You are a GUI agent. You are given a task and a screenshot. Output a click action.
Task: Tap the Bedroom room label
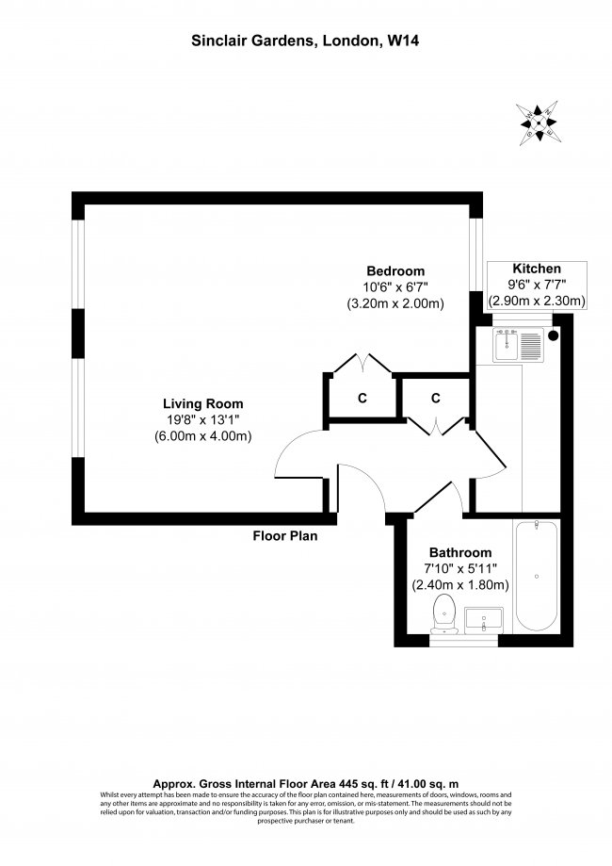click(395, 270)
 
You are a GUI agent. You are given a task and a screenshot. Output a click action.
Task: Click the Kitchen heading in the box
click(537, 269)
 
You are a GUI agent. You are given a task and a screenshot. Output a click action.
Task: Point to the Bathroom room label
click(460, 552)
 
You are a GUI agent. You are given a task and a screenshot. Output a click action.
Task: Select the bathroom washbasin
click(485, 620)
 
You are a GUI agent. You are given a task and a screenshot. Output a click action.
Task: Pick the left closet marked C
click(362, 398)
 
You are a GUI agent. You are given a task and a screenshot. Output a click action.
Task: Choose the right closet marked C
click(436, 398)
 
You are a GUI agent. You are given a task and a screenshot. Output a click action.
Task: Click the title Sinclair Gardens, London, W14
click(305, 41)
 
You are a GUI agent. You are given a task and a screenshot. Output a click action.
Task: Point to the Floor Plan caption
click(284, 537)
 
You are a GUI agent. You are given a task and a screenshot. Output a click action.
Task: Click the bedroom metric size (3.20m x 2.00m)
click(395, 303)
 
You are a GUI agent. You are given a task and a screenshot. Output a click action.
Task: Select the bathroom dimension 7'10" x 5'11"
click(460, 568)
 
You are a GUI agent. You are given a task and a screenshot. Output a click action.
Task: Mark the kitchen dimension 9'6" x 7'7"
click(537, 285)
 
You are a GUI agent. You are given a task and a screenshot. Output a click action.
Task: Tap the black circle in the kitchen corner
click(554, 334)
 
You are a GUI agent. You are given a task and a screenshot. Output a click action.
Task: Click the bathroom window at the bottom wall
click(463, 642)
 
